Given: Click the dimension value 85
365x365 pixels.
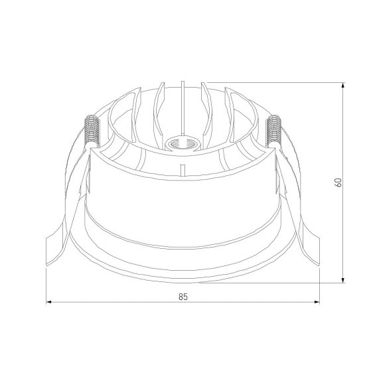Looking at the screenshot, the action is point(183,297).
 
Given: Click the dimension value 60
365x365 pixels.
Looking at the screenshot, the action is point(338,183).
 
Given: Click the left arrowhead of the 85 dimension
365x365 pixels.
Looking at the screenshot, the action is point(48,302).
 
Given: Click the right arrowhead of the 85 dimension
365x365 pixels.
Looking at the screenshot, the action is point(317,302).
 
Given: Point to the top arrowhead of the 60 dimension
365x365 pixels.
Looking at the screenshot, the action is point(342,85).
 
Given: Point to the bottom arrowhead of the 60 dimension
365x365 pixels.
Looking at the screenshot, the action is point(342,280).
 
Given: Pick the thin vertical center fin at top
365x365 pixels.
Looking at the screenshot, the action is point(183,108).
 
